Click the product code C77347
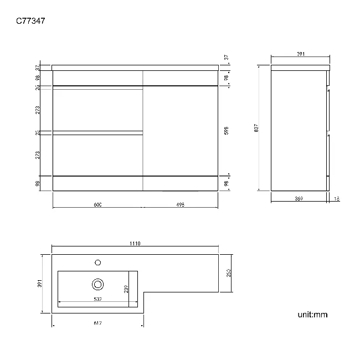point(31,22)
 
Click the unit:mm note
point(312,315)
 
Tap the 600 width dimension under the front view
point(97,204)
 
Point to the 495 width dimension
point(180,204)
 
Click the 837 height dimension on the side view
point(256,128)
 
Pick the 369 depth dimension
point(299,198)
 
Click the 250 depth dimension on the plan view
point(227,274)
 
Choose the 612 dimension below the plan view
point(97,323)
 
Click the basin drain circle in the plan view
point(98,284)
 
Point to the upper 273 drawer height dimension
point(37,110)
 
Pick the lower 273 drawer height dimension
point(37,155)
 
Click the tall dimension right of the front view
point(227,130)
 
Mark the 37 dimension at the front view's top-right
point(227,57)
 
